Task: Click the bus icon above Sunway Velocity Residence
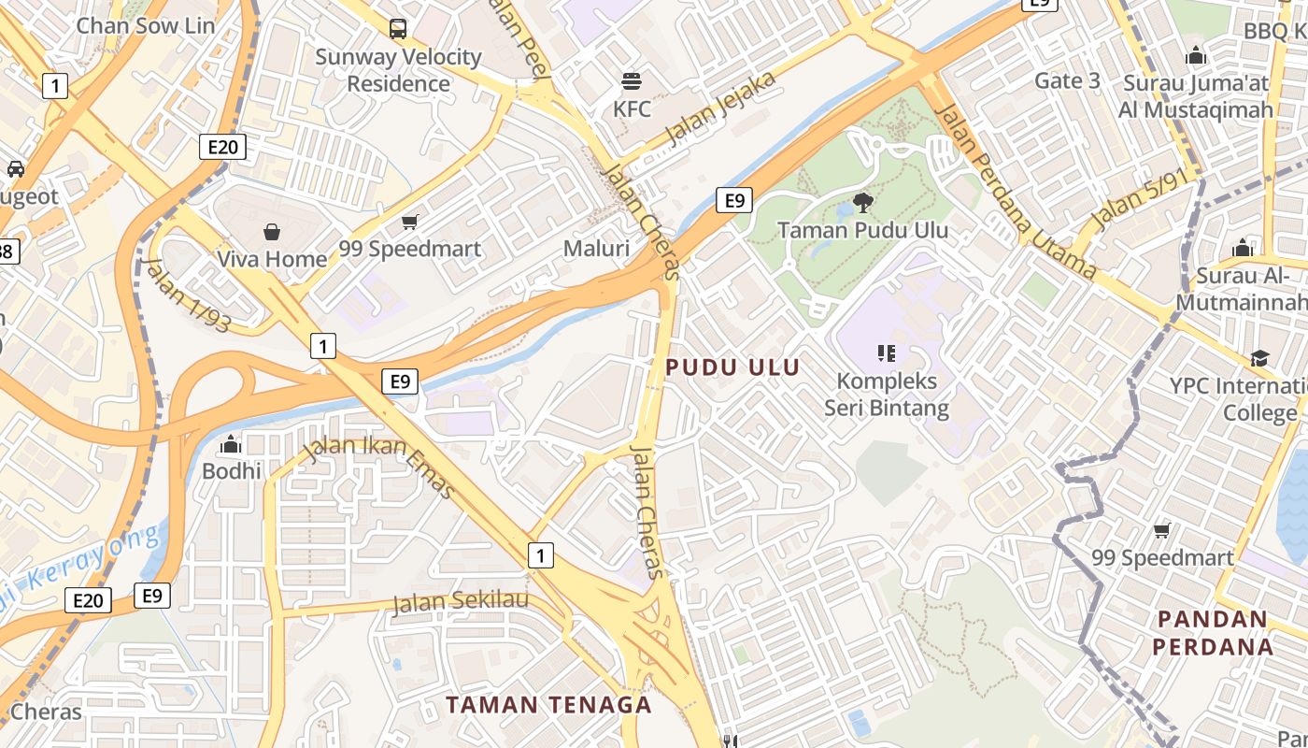[x=398, y=28]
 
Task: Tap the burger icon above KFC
[x=633, y=81]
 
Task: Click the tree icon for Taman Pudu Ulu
[x=862, y=201]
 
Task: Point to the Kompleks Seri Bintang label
[x=887, y=394]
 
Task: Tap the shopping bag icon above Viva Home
[x=272, y=231]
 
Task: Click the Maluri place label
[x=596, y=249]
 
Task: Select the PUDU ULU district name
[x=733, y=367]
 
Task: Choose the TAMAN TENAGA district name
[x=548, y=704]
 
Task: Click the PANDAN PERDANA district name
[x=1213, y=633]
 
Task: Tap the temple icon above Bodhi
[x=232, y=444]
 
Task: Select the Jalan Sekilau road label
[x=461, y=602]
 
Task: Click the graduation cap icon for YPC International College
[x=1259, y=358]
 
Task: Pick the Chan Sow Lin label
[x=146, y=25]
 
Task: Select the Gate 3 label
[x=1067, y=81]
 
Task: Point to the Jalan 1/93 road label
[x=188, y=294]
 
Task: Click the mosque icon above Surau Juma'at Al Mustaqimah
[x=1195, y=56]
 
